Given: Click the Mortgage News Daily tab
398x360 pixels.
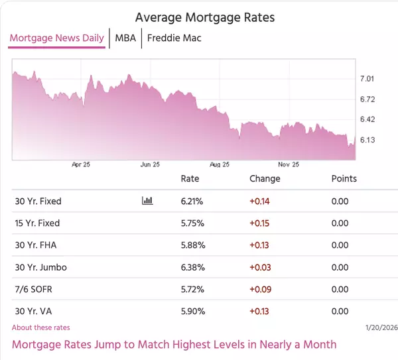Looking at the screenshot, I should point(56,38).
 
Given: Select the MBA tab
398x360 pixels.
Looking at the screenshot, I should point(125,38).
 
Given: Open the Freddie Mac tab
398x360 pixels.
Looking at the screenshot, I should point(174,38).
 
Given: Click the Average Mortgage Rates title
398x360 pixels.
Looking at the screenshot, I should point(204,17).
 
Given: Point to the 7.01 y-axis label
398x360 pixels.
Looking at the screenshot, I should point(367,79).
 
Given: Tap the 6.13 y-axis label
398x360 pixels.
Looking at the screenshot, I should point(367,140).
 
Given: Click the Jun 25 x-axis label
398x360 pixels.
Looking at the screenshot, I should point(150,164).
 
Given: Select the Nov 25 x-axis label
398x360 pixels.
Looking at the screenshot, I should point(288,164).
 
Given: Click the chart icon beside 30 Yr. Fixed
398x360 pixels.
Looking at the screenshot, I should point(147,201).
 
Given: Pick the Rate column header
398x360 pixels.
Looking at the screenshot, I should point(190,178).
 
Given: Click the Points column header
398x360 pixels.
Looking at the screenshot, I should point(344,178).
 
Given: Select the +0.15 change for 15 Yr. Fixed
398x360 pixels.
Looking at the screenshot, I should point(259,223).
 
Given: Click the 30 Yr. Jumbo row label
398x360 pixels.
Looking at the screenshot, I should point(40,267).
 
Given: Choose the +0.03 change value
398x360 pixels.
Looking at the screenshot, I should point(259,267).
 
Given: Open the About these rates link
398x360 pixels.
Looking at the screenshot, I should point(40,328).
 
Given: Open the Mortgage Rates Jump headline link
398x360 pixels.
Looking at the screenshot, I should point(174,344).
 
